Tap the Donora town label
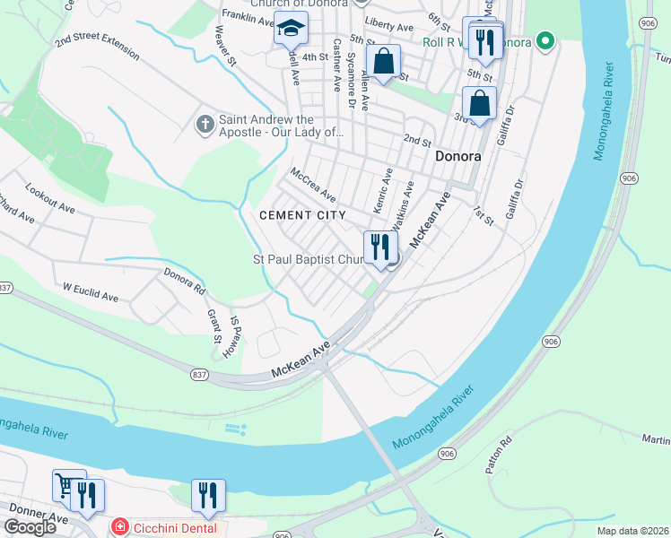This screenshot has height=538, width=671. pyautogui.click(x=457, y=156)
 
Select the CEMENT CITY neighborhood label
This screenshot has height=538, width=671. pyautogui.click(x=302, y=215)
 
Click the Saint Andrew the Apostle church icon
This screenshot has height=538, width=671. pyautogui.click(x=205, y=125)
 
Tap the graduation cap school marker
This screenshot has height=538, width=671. pyautogui.click(x=291, y=31)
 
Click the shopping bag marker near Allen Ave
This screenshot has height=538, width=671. pyautogui.click(x=384, y=63)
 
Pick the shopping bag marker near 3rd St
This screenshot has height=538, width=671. pyautogui.click(x=480, y=104)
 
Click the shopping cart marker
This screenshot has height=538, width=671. pyautogui.click(x=66, y=485)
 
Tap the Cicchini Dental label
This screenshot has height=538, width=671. pyautogui.click(x=170, y=528)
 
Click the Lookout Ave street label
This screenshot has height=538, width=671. pyautogui.click(x=50, y=199)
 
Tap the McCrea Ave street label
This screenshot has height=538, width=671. pyautogui.click(x=313, y=184)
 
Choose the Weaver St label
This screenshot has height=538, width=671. pyautogui.click(x=224, y=47)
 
